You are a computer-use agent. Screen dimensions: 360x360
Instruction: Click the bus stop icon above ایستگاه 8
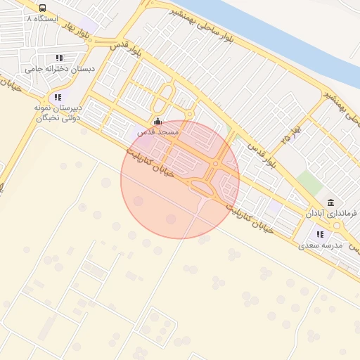click(x=43, y=8)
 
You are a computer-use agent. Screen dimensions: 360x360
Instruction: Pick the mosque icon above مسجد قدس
click(x=157, y=121)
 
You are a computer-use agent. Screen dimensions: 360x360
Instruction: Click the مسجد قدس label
click(x=158, y=131)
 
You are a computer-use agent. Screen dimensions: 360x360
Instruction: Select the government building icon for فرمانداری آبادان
click(x=330, y=202)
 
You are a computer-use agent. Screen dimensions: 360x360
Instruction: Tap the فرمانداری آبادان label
click(x=331, y=212)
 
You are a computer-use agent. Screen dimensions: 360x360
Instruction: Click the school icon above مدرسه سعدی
click(x=320, y=234)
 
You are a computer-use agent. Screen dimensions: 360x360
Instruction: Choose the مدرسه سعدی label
click(x=321, y=245)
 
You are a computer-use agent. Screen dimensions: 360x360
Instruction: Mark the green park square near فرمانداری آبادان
click(x=309, y=183)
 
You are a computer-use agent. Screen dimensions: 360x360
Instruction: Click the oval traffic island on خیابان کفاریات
click(x=202, y=187)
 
